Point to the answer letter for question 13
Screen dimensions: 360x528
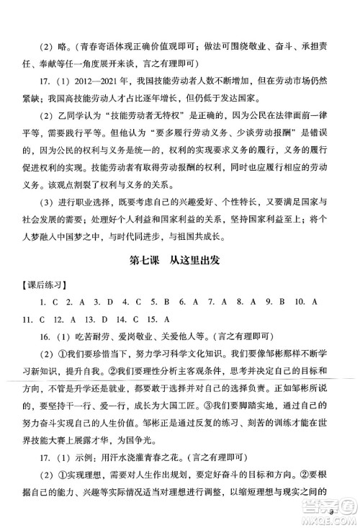click(x=109, y=317)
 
